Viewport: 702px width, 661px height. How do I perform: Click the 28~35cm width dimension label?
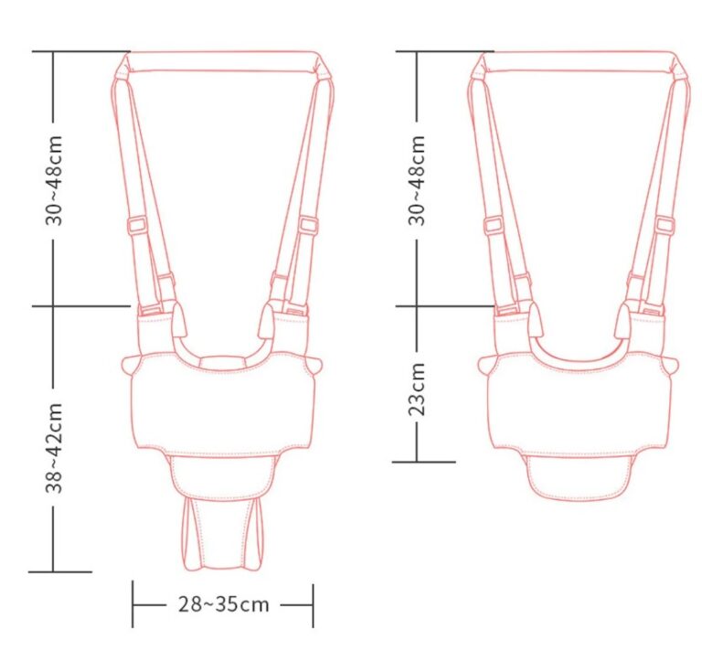(224, 604)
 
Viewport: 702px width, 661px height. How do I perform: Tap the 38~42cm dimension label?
(54, 448)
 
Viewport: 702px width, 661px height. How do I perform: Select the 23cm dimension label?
(417, 389)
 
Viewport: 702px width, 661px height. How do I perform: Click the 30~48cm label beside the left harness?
(54, 180)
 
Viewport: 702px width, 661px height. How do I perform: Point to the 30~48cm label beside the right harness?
(417, 180)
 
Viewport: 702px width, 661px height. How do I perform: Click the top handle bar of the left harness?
(222, 61)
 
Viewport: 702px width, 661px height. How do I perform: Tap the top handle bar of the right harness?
(580, 61)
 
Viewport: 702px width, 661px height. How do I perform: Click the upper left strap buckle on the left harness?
(137, 224)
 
